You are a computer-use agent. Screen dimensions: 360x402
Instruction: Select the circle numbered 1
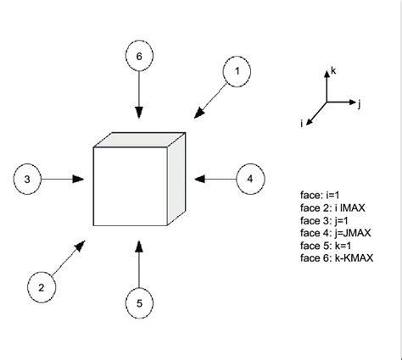click(238, 73)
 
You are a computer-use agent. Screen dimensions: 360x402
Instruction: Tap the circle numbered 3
click(27, 179)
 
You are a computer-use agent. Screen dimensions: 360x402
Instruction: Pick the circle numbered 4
click(250, 179)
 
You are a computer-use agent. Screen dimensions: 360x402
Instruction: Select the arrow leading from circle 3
click(63, 179)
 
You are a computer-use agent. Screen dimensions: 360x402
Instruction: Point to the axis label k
click(332, 74)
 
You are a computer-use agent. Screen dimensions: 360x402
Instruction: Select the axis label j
click(360, 103)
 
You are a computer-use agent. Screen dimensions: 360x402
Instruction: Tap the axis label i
click(303, 124)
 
